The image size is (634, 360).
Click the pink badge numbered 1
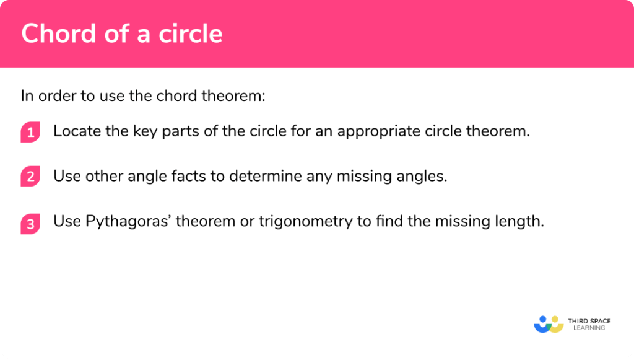[30, 132]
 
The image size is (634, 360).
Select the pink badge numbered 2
[30, 177]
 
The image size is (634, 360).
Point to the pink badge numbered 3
[30, 222]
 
